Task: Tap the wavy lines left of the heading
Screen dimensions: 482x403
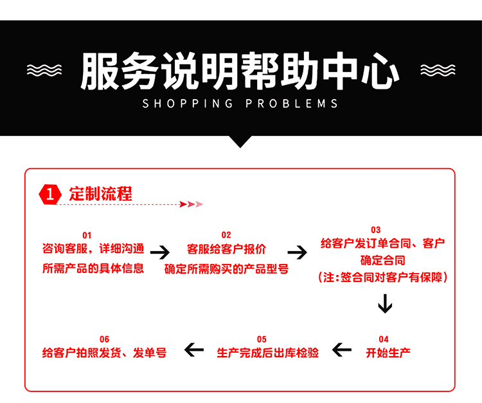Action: [43, 70]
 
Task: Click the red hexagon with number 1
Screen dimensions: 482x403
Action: [51, 194]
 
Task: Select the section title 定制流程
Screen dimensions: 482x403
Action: [100, 193]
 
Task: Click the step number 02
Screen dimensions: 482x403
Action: [226, 235]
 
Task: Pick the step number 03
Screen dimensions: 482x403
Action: [376, 230]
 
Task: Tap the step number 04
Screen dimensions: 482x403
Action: [384, 339]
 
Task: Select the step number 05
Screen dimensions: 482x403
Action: [262, 339]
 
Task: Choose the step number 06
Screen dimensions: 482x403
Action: [105, 339]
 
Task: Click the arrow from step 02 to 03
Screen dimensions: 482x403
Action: [298, 252]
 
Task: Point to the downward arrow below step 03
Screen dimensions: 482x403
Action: [384, 303]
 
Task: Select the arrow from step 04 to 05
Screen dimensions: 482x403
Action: [342, 351]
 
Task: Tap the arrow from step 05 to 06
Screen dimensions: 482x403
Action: [193, 351]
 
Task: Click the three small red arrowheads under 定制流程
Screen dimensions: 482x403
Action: [192, 204]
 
